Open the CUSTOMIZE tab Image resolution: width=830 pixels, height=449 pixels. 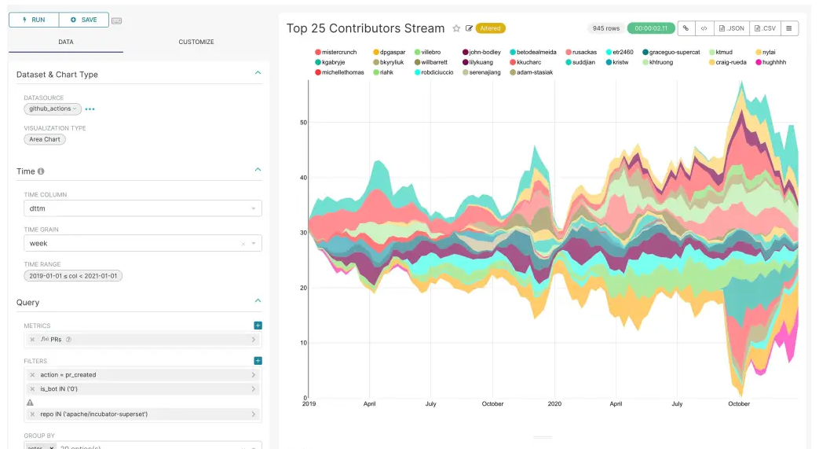[196, 42]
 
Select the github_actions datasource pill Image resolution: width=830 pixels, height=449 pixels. [52, 109]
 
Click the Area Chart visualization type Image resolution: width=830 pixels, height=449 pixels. [46, 139]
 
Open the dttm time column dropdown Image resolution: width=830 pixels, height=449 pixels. [142, 208]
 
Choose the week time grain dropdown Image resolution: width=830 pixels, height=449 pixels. [142, 244]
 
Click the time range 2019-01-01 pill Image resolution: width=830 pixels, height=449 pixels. [73, 276]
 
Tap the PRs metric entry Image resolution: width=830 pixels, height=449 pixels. [142, 340]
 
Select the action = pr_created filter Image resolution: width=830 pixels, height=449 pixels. [142, 375]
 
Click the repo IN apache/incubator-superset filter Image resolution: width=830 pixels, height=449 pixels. [142, 414]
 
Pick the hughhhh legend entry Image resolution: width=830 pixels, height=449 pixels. [770, 62]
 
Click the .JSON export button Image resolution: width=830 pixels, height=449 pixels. [732, 28]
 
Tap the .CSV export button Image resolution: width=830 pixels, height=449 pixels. [765, 28]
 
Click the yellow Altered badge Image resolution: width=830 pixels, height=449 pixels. [491, 28]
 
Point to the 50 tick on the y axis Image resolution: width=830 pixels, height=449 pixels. [302, 122]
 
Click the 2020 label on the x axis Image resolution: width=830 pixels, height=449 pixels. [554, 404]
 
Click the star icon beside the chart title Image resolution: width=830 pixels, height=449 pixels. [456, 28]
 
